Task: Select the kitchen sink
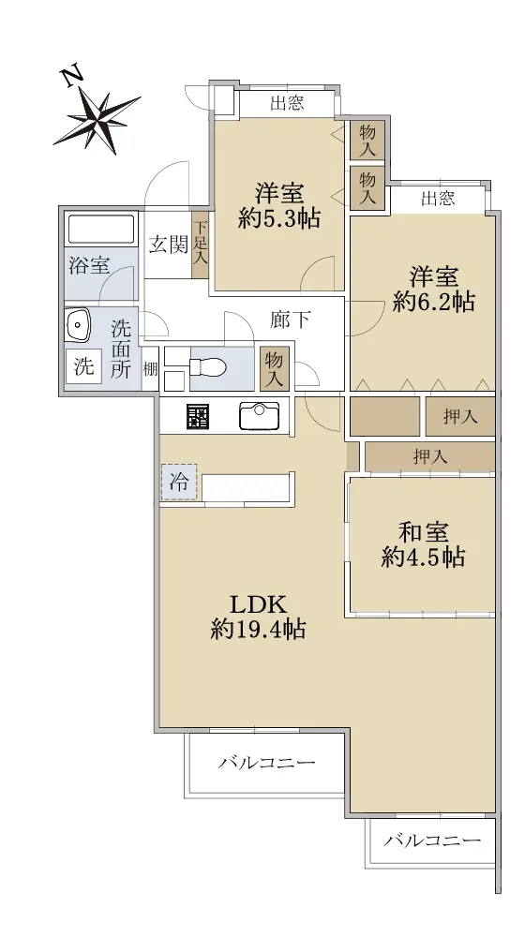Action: click(x=259, y=416)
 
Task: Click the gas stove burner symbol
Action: click(x=197, y=416)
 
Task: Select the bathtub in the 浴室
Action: click(x=101, y=229)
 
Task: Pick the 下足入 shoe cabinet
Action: click(x=200, y=245)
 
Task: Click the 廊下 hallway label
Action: click(x=290, y=320)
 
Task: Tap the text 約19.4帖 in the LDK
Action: click(x=259, y=630)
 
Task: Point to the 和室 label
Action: click(x=424, y=531)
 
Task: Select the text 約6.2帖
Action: click(x=434, y=303)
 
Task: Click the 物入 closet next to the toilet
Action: click(x=275, y=368)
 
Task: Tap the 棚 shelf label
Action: click(x=150, y=369)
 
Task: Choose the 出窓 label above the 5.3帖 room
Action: click(x=287, y=103)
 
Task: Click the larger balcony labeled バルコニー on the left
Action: click(x=266, y=763)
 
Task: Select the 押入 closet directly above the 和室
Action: click(x=430, y=457)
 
